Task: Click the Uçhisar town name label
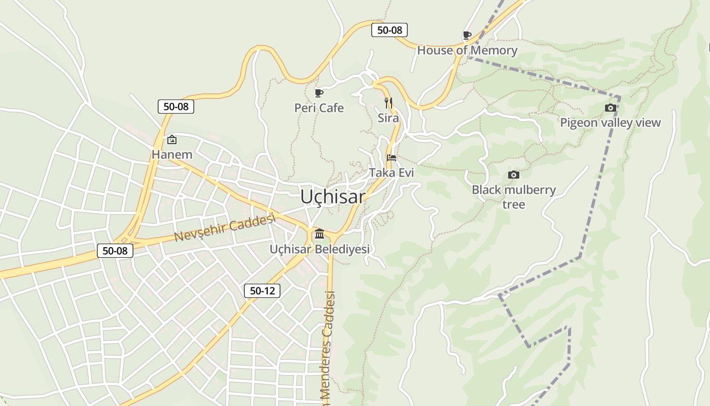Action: (x=332, y=196)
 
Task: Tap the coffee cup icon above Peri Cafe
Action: (x=319, y=93)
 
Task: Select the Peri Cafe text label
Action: (x=319, y=108)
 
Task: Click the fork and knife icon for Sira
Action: (x=388, y=103)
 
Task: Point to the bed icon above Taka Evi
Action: (x=392, y=157)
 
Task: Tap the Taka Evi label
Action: (x=392, y=173)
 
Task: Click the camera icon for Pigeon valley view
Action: (x=611, y=108)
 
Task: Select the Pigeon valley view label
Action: (x=611, y=122)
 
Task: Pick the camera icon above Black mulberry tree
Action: (x=514, y=175)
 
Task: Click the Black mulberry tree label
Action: (x=514, y=197)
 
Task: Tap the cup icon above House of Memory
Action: (x=467, y=35)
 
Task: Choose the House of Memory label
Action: (x=467, y=50)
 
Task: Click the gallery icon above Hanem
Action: (x=172, y=140)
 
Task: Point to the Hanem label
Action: (x=172, y=155)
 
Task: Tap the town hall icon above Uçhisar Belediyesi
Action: (x=319, y=234)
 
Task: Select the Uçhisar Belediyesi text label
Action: (x=319, y=249)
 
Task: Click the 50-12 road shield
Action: (x=262, y=291)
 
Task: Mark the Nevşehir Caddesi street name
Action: (x=225, y=228)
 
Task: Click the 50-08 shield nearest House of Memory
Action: (x=389, y=30)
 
